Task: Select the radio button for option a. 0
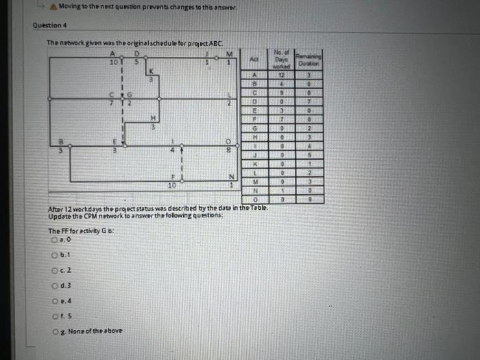[x=53, y=241]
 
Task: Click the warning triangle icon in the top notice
[x=52, y=6]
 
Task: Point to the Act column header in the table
[x=254, y=60]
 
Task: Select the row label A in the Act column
[x=254, y=74]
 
